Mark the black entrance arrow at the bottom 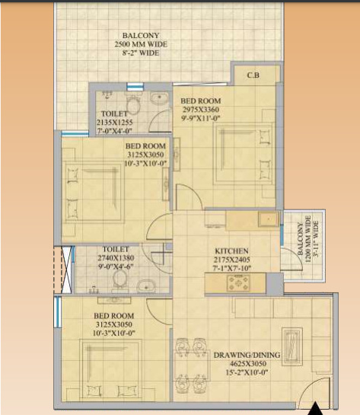316,410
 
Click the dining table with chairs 188,362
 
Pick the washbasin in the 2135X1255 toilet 161,97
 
